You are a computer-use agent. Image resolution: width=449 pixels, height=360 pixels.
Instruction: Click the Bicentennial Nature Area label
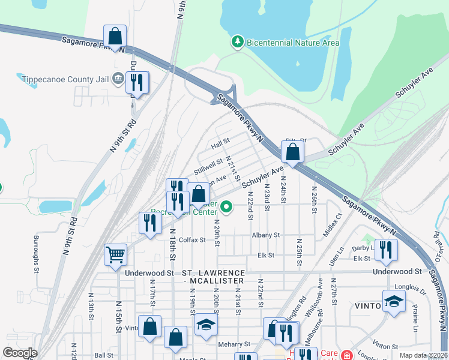point(294,43)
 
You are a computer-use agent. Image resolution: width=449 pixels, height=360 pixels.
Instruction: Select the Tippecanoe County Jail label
point(66,79)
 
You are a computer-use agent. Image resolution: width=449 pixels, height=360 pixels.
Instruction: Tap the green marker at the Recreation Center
point(226,208)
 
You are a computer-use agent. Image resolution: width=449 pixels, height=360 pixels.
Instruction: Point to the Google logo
point(20,353)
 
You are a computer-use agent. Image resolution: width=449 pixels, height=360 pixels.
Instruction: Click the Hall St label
point(221,145)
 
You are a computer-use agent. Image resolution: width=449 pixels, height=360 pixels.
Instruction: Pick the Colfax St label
point(191,239)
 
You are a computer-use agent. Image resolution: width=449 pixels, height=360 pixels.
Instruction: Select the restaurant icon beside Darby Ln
point(386,250)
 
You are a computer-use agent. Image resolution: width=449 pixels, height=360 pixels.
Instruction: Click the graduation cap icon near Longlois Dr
point(393,302)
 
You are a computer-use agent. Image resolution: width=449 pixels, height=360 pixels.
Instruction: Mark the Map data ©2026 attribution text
point(422,355)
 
